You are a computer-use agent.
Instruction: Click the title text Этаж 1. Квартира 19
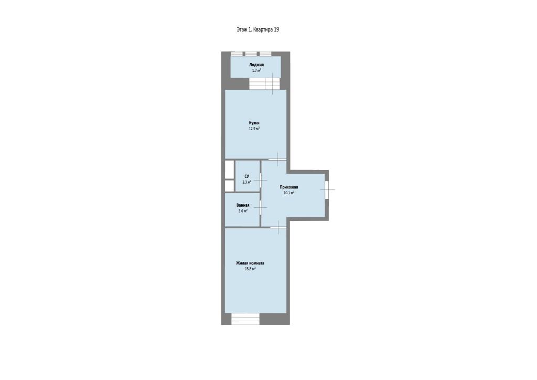pyautogui.click(x=257, y=29)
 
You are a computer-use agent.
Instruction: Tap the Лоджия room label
pyautogui.click(x=256, y=65)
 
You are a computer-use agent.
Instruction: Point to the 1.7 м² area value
pyautogui.click(x=256, y=70)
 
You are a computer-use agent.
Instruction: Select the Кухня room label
pyautogui.click(x=254, y=123)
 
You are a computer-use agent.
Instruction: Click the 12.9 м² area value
pyautogui.click(x=254, y=129)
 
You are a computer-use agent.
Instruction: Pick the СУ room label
pyautogui.click(x=247, y=176)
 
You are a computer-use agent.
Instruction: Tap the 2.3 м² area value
pyautogui.click(x=247, y=182)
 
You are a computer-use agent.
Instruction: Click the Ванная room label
pyautogui.click(x=243, y=205)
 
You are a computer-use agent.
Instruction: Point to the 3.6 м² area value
pyautogui.click(x=243, y=211)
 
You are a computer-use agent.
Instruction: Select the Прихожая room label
pyautogui.click(x=289, y=187)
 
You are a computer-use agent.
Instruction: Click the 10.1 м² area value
pyautogui.click(x=289, y=193)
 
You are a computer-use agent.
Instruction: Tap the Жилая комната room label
pyautogui.click(x=250, y=263)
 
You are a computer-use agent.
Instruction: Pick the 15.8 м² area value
pyautogui.click(x=250, y=269)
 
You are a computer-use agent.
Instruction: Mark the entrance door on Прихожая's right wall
pyautogui.click(x=327, y=189)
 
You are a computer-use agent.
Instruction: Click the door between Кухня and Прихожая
pyautogui.click(x=277, y=160)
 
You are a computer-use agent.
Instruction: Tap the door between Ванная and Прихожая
pyautogui.click(x=261, y=208)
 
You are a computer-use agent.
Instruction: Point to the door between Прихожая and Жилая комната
pyautogui.click(x=278, y=227)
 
